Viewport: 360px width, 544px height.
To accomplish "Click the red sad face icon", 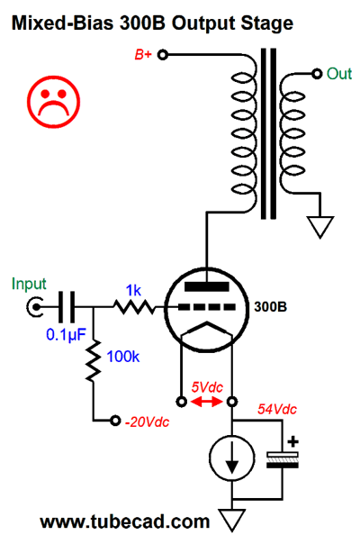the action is (54, 101).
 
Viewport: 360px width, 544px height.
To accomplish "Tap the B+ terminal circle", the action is (163, 55).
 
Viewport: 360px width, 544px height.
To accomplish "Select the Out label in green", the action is (338, 74).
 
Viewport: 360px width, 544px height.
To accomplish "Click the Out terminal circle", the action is (317, 74).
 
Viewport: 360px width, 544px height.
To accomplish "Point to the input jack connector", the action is (35, 307).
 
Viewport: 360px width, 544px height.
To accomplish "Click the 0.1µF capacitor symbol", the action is (67, 307).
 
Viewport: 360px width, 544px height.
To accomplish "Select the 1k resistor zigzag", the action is (134, 307).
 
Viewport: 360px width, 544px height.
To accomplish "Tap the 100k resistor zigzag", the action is (94, 361).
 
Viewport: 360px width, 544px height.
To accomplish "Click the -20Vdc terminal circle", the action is (115, 421).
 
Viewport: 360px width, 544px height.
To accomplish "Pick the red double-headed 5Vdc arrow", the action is (207, 402).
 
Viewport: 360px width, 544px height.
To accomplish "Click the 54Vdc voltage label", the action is (277, 410).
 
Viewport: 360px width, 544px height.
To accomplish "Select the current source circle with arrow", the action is (232, 458).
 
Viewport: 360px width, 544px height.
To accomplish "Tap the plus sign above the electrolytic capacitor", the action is (293, 442).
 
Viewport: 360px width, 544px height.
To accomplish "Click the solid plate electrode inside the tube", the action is (207, 286).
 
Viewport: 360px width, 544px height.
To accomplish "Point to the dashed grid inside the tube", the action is (207, 307).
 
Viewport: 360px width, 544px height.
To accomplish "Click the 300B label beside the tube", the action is (271, 307).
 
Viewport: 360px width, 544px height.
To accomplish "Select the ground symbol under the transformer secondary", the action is (319, 227).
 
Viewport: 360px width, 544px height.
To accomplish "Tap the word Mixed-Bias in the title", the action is (62, 23).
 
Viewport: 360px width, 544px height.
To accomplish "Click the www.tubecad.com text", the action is (125, 522).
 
